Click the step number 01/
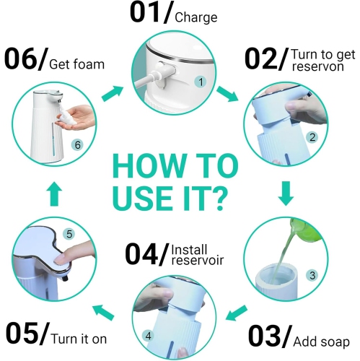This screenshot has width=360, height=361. tap(150, 14)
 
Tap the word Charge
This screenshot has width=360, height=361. tap(196, 17)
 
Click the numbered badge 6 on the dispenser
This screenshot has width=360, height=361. tap(77, 145)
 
